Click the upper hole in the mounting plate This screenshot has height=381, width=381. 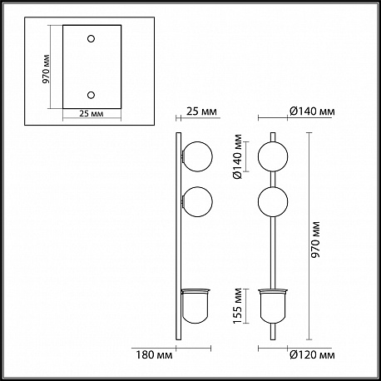coord(91,38)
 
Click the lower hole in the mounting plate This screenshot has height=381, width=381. coord(91,95)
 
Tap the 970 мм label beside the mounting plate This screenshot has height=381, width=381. coord(46,69)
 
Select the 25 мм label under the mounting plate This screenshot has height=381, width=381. coord(92,113)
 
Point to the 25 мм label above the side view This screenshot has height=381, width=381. coord(201,111)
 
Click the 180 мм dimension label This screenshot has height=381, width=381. coord(154,354)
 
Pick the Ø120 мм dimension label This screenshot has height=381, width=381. coord(312,354)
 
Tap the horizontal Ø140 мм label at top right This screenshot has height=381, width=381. coord(312,111)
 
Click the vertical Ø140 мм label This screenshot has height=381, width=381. coord(238,156)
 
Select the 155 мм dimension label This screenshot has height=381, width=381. coord(238,306)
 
